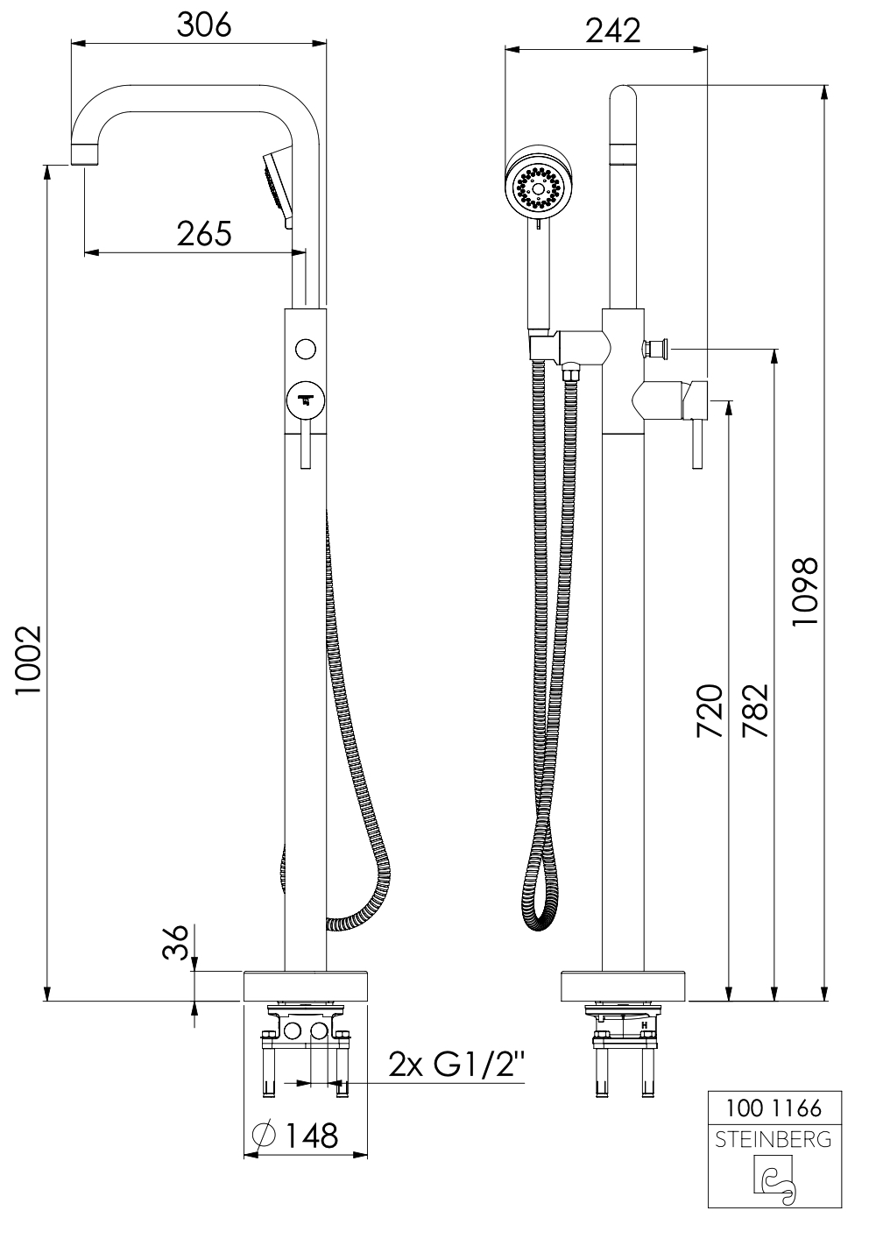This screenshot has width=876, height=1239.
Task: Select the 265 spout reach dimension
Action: click(x=203, y=234)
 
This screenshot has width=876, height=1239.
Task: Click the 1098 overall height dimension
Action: click(x=803, y=591)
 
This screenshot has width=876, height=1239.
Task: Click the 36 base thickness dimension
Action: click(x=177, y=943)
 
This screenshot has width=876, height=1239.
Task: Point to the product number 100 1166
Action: click(x=774, y=1108)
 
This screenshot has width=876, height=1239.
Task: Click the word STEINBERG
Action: click(x=774, y=1140)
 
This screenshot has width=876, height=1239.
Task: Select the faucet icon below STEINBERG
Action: click(x=774, y=1179)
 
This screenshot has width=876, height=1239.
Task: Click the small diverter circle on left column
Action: click(x=305, y=349)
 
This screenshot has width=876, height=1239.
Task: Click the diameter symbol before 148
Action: click(x=262, y=1135)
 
